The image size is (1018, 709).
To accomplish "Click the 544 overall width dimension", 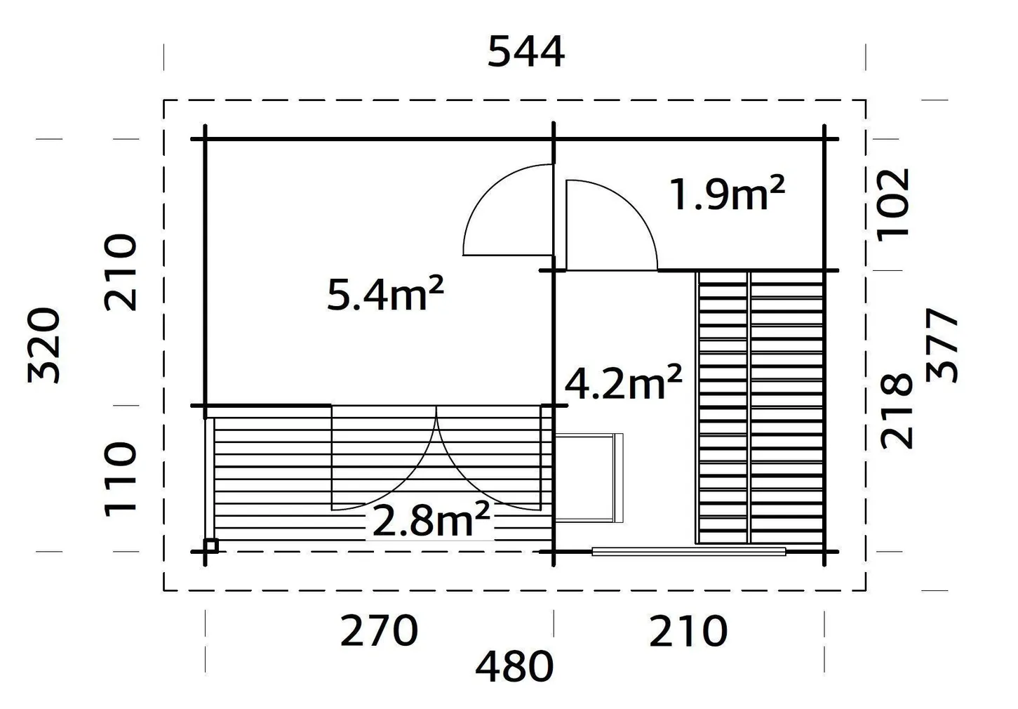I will (x=526, y=53).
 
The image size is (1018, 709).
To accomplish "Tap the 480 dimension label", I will (x=514, y=668).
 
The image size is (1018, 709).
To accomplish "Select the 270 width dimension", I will (x=379, y=631).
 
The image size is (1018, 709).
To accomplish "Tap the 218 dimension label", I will (x=897, y=411).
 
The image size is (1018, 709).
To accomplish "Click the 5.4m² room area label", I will (x=385, y=294).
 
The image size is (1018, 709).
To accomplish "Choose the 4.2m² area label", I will (x=624, y=383).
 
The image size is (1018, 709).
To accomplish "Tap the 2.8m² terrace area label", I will (x=430, y=520).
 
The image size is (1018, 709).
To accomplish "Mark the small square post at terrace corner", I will (x=211, y=545).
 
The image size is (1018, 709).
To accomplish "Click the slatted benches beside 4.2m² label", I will (x=760, y=407).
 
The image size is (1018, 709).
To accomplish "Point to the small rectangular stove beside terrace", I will (x=588, y=477).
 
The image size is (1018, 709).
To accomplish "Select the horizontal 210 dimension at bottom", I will (x=688, y=631).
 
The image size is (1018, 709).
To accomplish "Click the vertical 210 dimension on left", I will (x=121, y=272).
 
